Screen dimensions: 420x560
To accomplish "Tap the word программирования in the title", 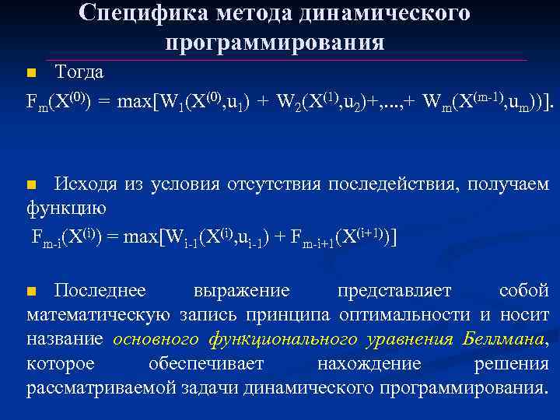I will [275, 42].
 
